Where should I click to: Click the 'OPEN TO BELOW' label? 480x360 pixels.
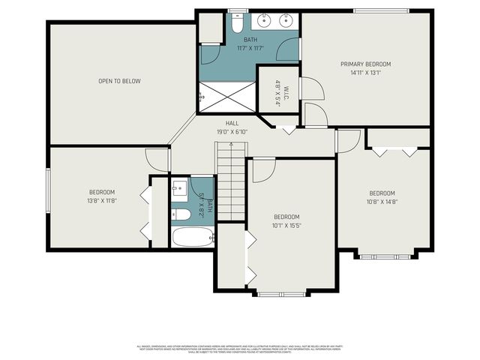(119, 81)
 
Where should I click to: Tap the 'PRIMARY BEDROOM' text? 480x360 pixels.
(365, 64)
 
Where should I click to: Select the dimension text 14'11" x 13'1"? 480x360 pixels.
(365, 73)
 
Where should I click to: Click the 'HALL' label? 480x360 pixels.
(232, 124)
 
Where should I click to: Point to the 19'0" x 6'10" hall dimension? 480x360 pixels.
(232, 131)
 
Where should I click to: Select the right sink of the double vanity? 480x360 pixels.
(286, 20)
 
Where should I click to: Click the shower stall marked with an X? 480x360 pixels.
(226, 96)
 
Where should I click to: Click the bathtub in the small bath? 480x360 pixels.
(192, 238)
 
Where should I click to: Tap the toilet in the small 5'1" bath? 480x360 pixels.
(180, 214)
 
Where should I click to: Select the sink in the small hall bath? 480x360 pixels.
(179, 188)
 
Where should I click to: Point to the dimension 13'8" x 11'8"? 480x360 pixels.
(102, 200)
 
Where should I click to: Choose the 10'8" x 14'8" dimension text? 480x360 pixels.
(381, 201)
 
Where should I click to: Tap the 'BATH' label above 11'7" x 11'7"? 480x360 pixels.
(250, 40)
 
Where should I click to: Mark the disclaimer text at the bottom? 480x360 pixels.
(240, 349)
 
